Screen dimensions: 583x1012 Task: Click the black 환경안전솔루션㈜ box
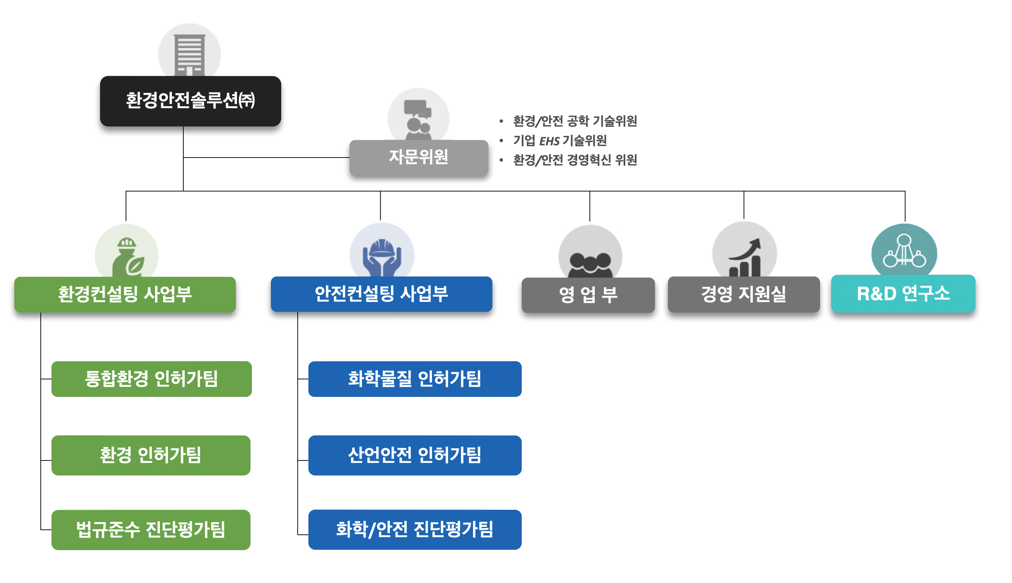(190, 101)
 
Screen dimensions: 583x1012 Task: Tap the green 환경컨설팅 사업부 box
(125, 294)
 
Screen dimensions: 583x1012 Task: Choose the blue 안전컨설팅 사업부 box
(381, 294)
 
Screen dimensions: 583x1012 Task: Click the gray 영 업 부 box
(588, 295)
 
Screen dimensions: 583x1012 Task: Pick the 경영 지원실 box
(743, 294)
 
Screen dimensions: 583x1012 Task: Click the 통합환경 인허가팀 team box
(152, 379)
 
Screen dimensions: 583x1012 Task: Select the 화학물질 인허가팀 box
(415, 379)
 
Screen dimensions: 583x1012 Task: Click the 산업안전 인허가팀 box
(415, 455)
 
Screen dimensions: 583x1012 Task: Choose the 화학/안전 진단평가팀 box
(415, 529)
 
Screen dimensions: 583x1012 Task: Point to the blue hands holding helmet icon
(382, 257)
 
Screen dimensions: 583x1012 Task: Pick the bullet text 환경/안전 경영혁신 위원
(575, 160)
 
